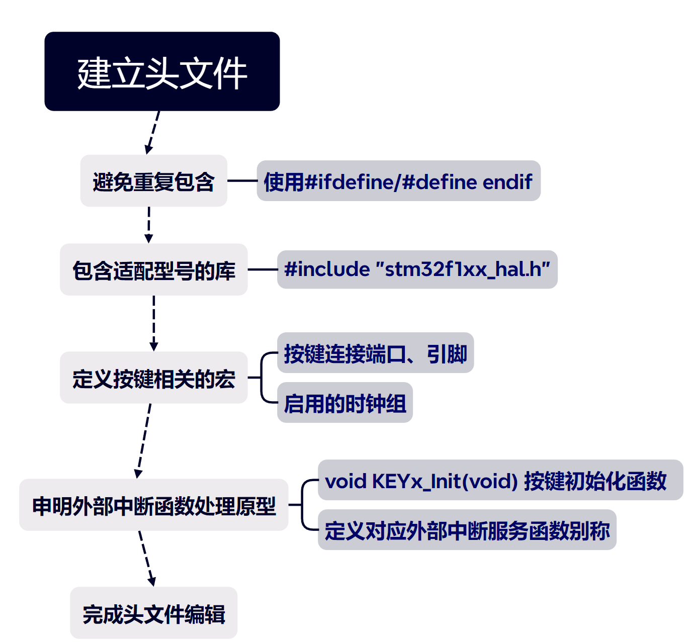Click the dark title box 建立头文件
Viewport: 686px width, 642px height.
pyautogui.click(x=162, y=71)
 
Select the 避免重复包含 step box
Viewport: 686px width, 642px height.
pyautogui.click(x=153, y=181)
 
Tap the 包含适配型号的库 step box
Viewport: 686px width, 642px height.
pyautogui.click(x=153, y=269)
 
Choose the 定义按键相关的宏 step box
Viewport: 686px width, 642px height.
pyautogui.click(x=153, y=378)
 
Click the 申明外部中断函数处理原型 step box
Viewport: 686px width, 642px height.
pyautogui.click(x=153, y=505)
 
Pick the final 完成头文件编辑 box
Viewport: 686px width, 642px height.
pyautogui.click(x=153, y=613)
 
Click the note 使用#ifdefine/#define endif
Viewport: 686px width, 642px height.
pyautogui.click(x=398, y=181)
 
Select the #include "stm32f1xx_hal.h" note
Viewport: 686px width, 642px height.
pyautogui.click(x=417, y=269)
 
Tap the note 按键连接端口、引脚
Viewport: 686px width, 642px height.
pyautogui.click(x=375, y=353)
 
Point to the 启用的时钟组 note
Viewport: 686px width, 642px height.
pyautogui.click(x=345, y=403)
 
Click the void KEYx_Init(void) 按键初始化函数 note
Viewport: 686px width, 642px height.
pyautogui.click(x=500, y=480)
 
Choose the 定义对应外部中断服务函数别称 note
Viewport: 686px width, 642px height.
pyautogui.click(x=467, y=530)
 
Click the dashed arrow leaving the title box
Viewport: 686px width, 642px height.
pyautogui.click(x=152, y=132)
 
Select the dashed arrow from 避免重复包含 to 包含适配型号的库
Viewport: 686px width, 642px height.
pyautogui.click(x=149, y=224)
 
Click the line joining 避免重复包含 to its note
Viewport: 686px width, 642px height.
pyautogui.click(x=242, y=180)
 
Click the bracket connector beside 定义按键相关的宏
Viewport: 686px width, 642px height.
pyautogui.click(x=262, y=378)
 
